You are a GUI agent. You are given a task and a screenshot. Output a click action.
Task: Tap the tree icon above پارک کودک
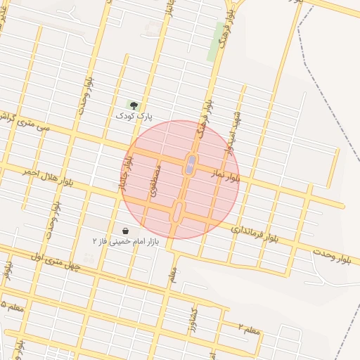coord(134,105)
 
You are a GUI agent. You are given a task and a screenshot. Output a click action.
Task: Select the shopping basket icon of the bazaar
coord(125,231)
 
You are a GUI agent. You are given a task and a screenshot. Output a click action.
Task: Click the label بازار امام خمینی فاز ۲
coord(126,241)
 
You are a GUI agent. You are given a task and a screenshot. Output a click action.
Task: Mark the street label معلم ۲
coord(248,328)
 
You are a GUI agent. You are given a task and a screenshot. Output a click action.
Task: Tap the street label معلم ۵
coord(12,307)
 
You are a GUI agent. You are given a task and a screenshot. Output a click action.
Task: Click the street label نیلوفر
coord(8,271)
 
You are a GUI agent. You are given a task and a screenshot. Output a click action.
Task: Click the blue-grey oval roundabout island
coord(191,165)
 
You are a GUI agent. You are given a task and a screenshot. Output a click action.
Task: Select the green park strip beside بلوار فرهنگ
coord(215,41)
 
